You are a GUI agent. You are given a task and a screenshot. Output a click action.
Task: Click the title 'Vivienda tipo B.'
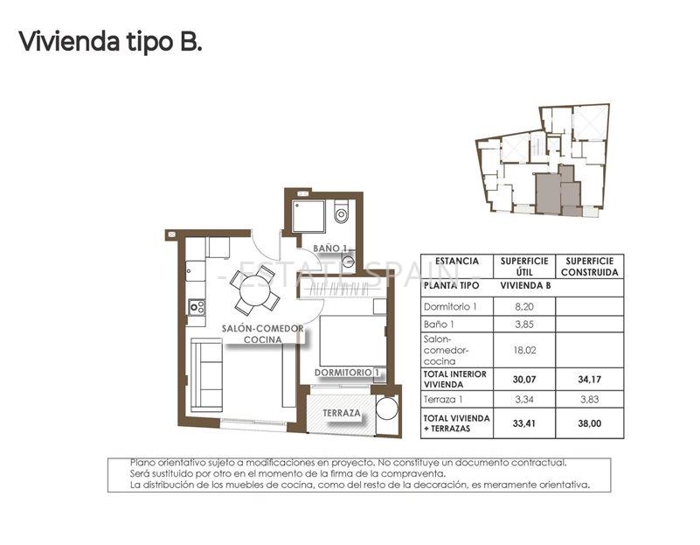110,41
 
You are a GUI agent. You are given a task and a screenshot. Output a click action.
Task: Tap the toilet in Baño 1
341,212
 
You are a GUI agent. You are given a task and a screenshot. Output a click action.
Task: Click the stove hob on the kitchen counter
197,307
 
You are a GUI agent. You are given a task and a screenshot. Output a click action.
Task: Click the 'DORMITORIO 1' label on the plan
348,373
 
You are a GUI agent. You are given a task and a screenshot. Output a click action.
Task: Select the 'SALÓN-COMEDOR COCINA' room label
262,333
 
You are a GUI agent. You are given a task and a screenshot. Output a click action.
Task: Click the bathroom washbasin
348,260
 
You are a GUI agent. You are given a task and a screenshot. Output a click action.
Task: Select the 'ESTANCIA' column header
456,261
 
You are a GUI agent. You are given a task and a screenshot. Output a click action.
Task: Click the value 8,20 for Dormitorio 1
523,307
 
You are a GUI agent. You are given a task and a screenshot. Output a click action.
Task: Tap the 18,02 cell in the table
523,350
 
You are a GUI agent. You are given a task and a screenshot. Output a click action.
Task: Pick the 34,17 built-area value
590,379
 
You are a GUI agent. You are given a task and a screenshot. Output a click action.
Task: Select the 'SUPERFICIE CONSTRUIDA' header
590,267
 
